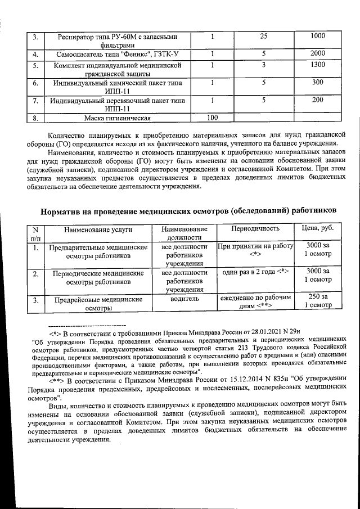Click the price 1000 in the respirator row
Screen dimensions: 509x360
318,36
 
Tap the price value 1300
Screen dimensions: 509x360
318,65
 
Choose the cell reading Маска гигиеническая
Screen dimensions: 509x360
118,118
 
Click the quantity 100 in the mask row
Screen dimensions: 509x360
213,118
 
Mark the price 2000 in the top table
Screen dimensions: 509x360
318,54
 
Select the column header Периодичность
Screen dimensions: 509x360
255,229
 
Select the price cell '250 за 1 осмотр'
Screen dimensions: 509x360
318,301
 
